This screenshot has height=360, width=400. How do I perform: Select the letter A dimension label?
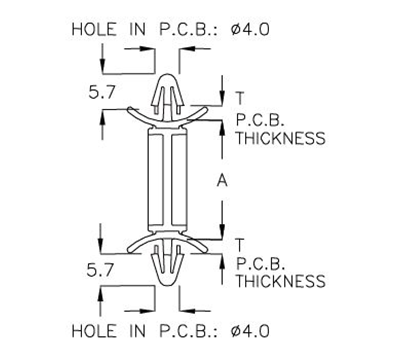coord(235,180)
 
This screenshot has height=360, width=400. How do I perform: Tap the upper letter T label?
coord(239,97)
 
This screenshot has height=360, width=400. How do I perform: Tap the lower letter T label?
coord(239,244)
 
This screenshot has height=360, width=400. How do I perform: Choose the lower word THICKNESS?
coord(279,283)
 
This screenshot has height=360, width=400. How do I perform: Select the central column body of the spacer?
coord(168,180)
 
